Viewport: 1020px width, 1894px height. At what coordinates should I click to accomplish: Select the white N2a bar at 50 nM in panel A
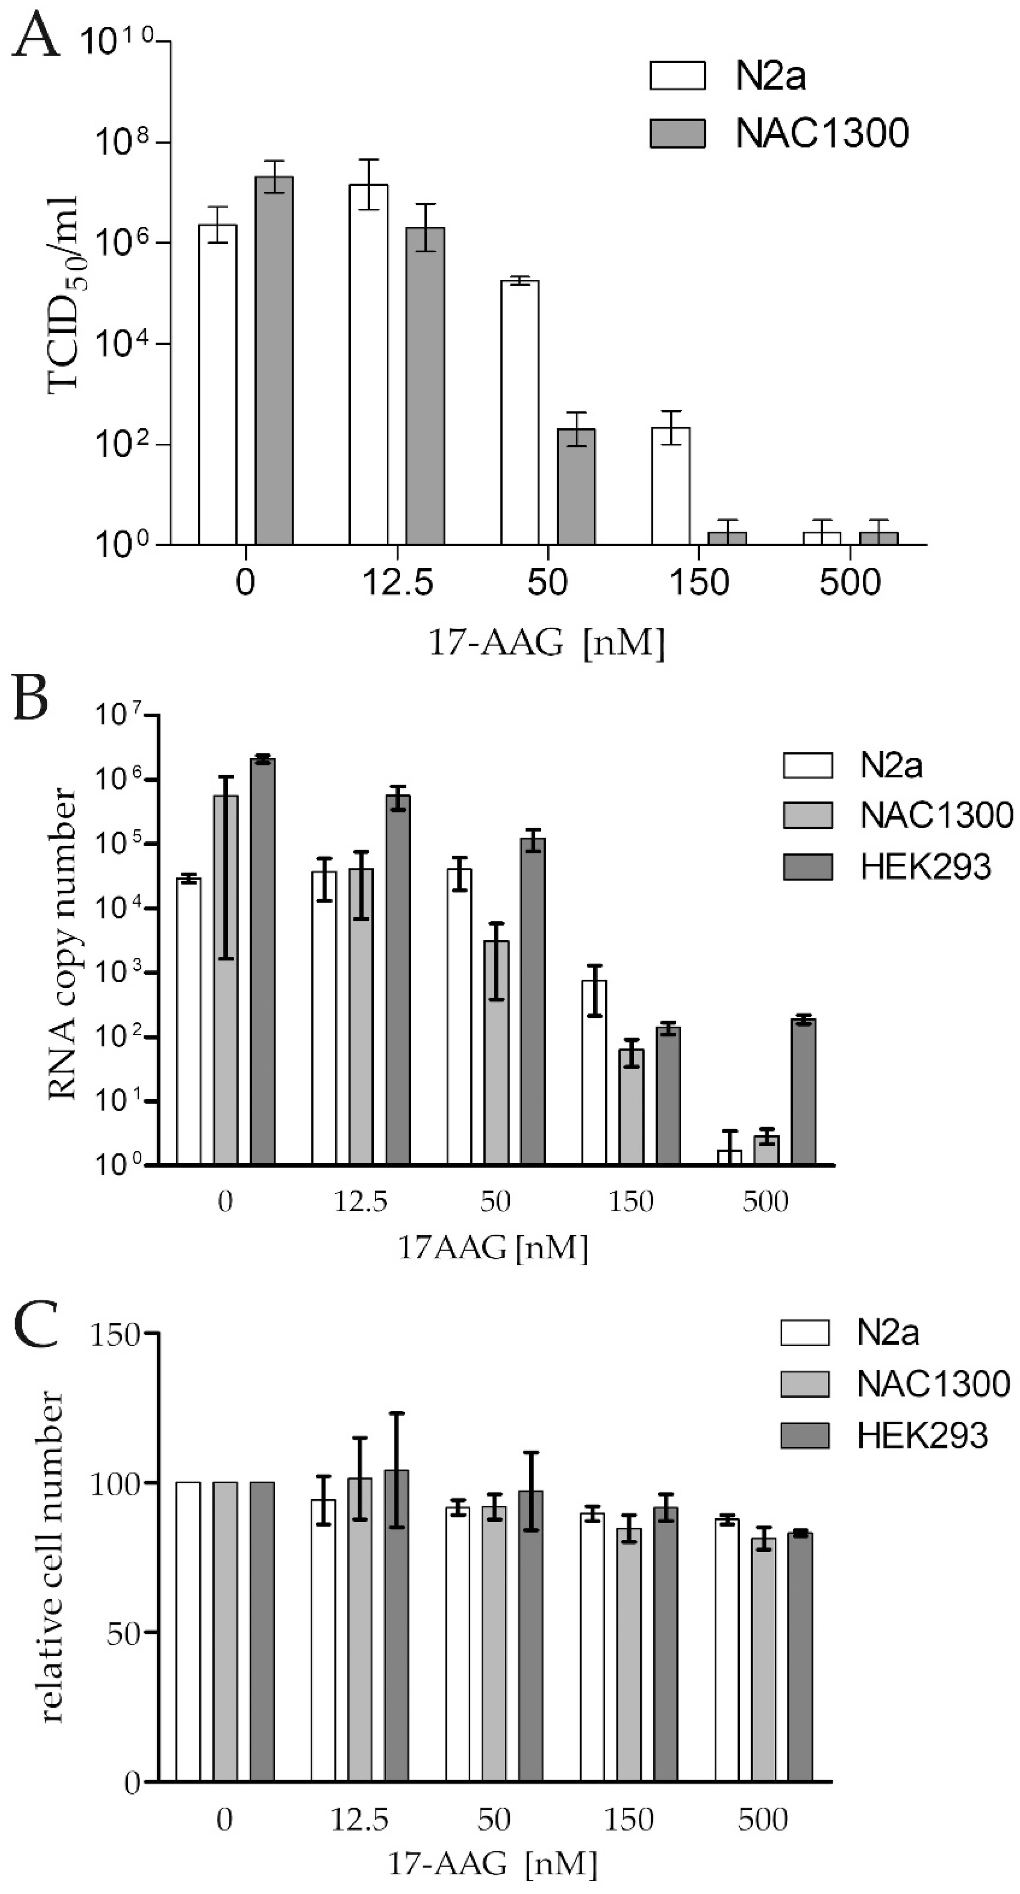click(519, 412)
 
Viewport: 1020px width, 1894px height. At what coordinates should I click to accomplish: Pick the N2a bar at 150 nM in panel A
click(670, 485)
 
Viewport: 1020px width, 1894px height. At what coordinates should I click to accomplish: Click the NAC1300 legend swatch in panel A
click(677, 133)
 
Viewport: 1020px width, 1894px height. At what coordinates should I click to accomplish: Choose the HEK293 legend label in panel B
click(925, 868)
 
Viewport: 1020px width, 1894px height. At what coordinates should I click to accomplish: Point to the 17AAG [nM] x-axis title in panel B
click(493, 1248)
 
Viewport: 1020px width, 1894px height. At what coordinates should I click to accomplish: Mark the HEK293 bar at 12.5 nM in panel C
click(396, 1625)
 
